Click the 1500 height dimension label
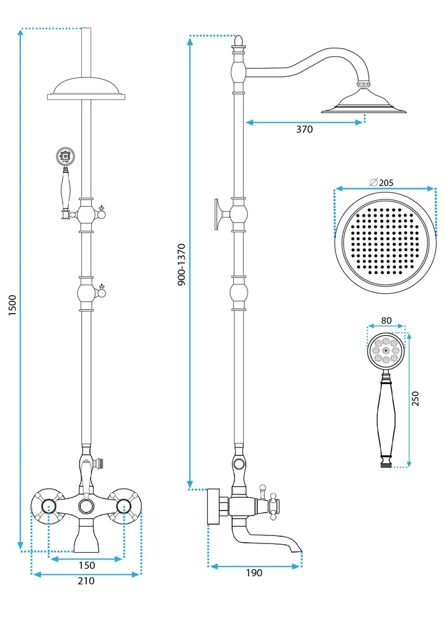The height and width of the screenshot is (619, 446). click(12, 305)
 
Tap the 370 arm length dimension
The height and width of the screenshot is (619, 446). click(304, 130)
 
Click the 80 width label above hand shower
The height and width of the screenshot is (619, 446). click(386, 321)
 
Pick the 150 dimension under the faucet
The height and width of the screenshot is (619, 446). click(87, 565)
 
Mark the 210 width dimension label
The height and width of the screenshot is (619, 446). click(86, 581)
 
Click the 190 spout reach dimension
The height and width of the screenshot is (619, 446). click(254, 573)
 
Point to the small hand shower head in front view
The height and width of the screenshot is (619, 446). click(64, 156)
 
